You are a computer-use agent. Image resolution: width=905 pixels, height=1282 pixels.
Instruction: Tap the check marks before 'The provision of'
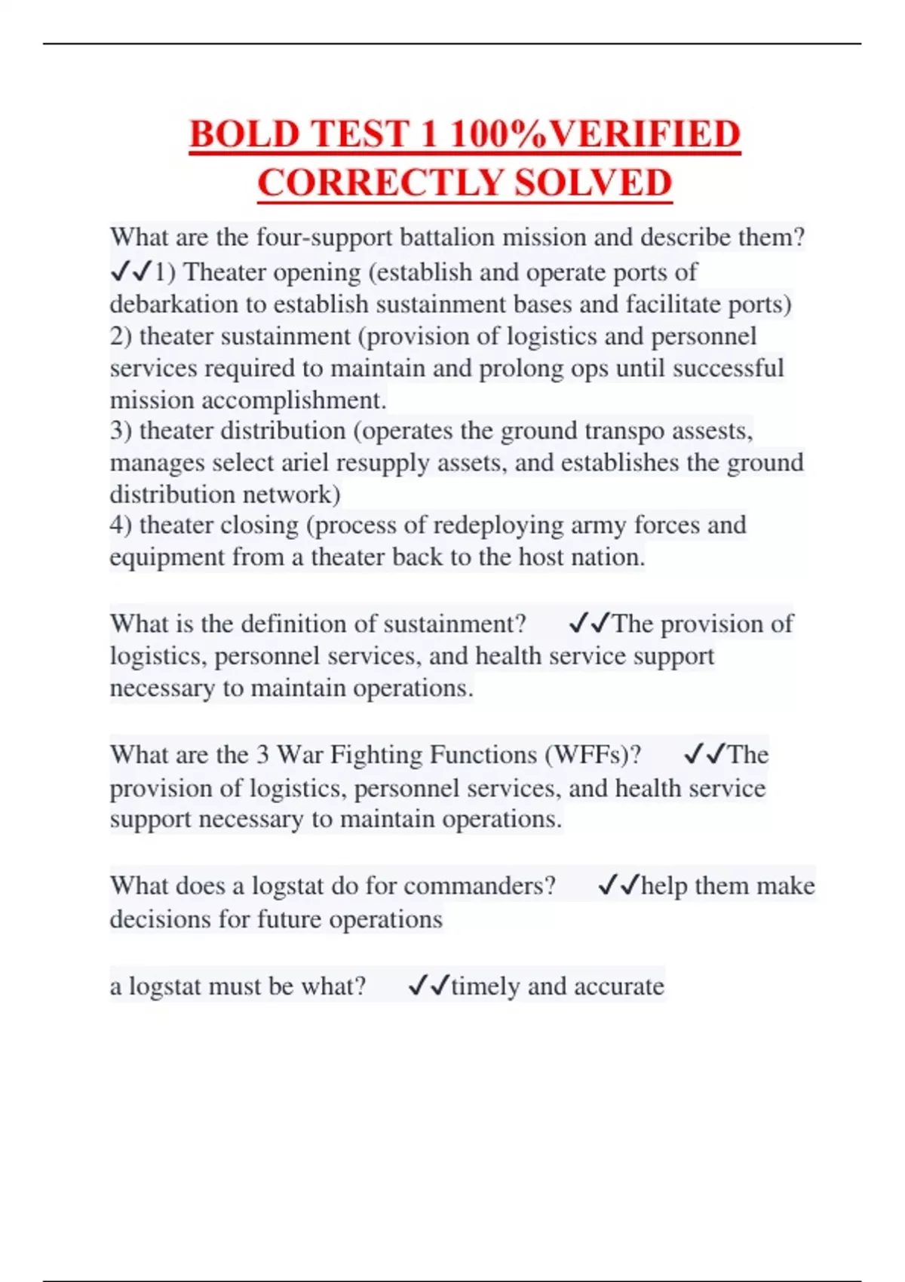click(589, 624)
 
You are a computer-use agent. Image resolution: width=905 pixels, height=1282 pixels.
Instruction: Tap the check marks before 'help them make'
click(618, 885)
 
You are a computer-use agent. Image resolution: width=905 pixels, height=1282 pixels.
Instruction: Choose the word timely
click(485, 986)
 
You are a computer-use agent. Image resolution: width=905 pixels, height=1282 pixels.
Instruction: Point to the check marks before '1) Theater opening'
click(131, 271)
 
